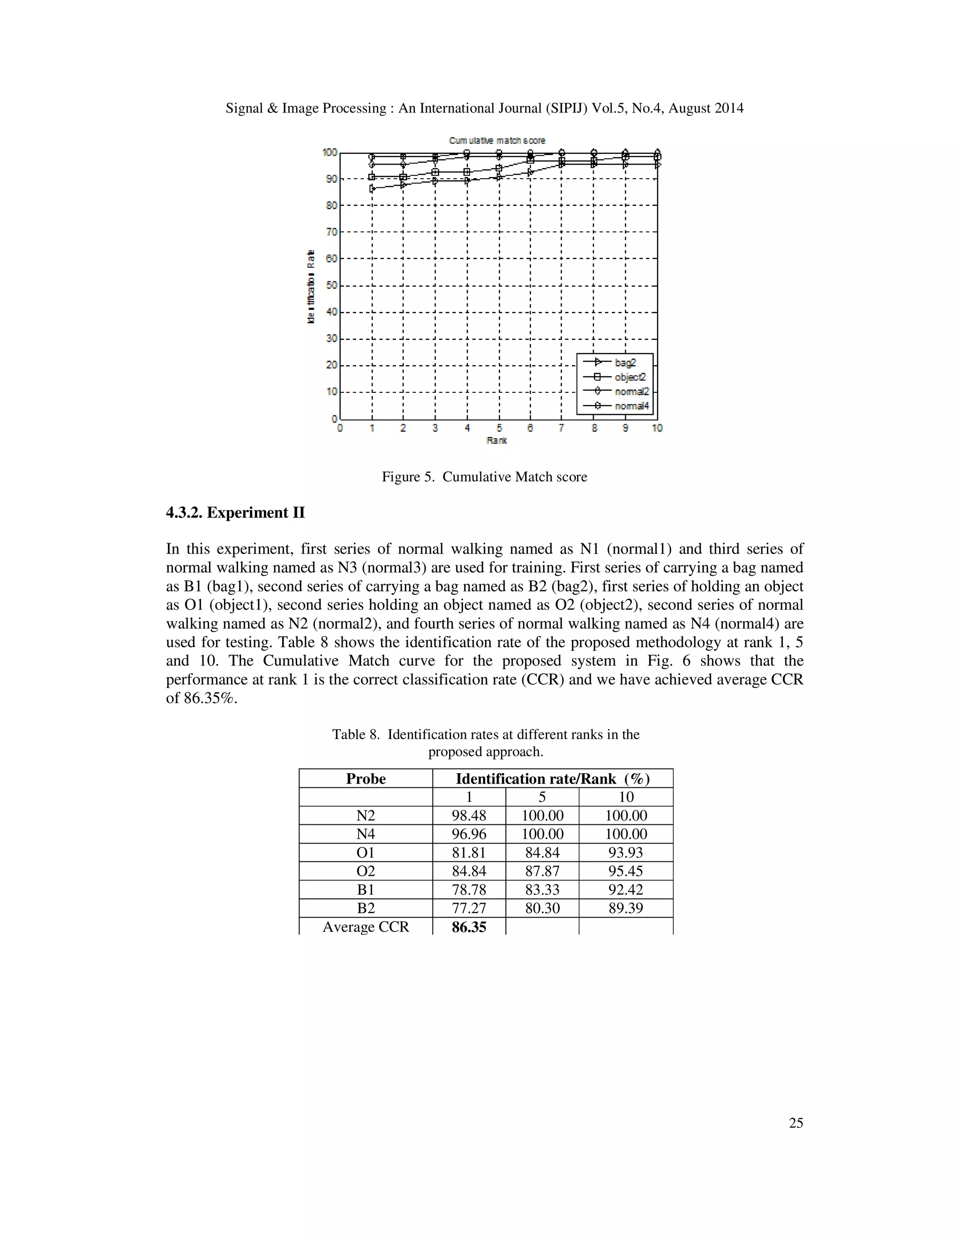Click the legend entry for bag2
coord(624,362)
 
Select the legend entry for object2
coord(630,377)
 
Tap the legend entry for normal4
coord(631,406)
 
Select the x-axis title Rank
coord(496,440)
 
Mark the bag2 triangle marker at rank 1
coord(372,188)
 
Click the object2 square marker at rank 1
coord(372,177)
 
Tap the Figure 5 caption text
coord(484,477)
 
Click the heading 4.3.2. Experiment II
coord(235,513)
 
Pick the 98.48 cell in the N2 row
coord(469,816)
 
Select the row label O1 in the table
coord(366,853)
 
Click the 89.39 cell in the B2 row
coord(626,908)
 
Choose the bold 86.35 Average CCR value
coord(469,927)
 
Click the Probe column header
coord(366,778)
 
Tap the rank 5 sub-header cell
coord(542,797)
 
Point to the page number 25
coord(795,1122)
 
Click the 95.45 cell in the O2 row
coord(626,871)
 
